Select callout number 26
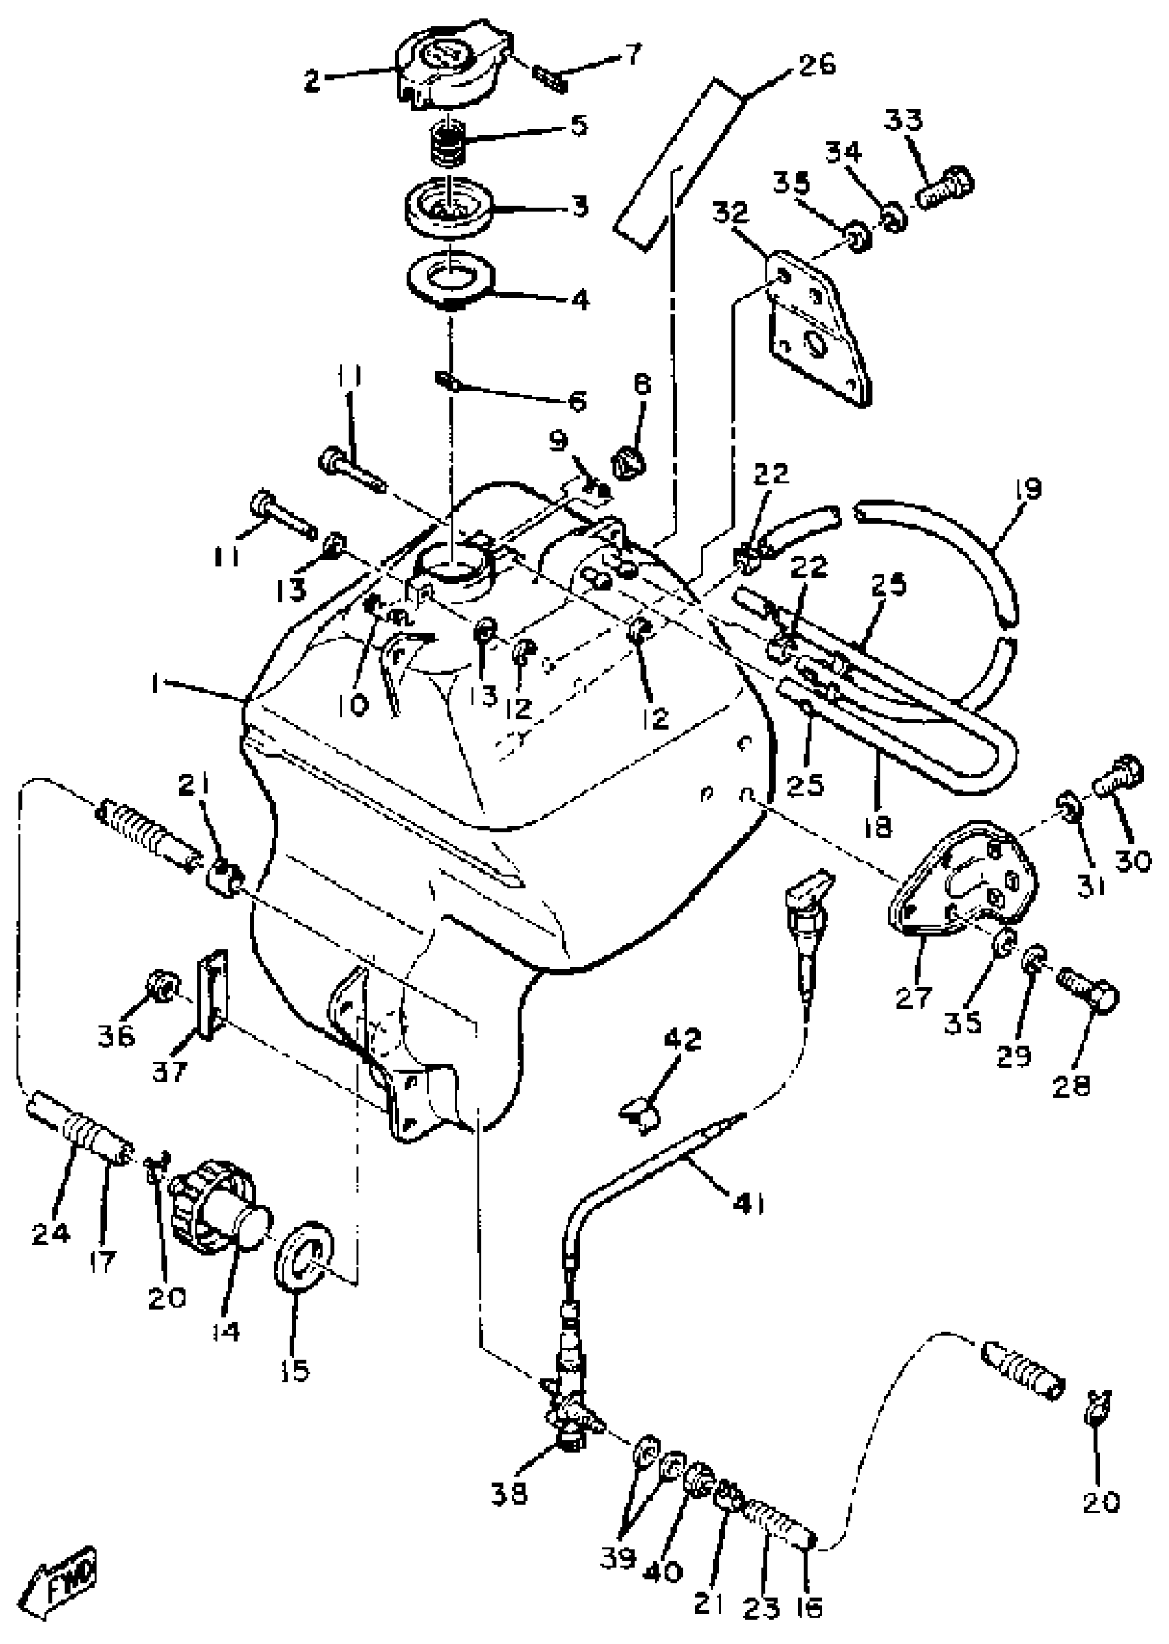click(x=816, y=65)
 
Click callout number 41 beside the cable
click(x=749, y=1202)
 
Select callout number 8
click(x=642, y=385)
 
